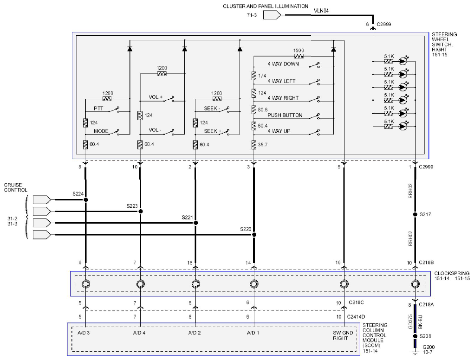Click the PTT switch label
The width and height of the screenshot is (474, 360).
point(98,109)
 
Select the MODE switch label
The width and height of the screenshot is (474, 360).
point(101,131)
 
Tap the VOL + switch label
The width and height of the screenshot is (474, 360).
point(156,97)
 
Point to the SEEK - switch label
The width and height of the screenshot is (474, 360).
point(212,109)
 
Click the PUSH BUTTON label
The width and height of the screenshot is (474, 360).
point(285,115)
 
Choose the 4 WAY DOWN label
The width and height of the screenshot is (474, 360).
point(283,64)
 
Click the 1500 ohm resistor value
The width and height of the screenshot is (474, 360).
point(299,51)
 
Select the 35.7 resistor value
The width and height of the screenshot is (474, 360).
point(263,145)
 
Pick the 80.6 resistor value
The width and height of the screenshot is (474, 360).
point(263,109)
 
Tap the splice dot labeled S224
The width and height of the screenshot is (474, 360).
point(86,199)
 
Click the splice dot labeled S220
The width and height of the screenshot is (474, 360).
point(254,235)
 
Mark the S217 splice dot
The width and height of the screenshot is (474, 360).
point(416,214)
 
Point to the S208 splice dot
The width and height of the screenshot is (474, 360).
point(416,336)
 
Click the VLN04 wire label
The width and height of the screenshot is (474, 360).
point(321,11)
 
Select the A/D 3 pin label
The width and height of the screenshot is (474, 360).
point(84,333)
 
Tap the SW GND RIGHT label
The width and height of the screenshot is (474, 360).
point(343,335)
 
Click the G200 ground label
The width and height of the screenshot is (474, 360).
point(428,347)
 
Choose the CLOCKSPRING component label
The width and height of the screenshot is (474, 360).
point(452,273)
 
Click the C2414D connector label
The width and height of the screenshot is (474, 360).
point(356,317)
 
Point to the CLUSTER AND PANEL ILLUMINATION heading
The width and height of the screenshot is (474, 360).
point(266,6)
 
